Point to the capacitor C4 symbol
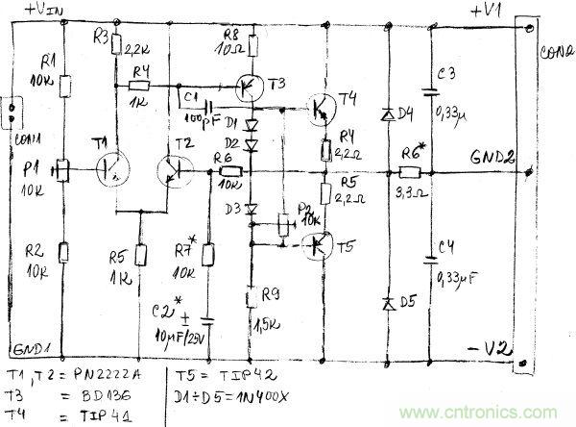428,257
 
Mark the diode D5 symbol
388,303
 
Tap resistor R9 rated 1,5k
252,299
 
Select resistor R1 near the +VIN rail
64,87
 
